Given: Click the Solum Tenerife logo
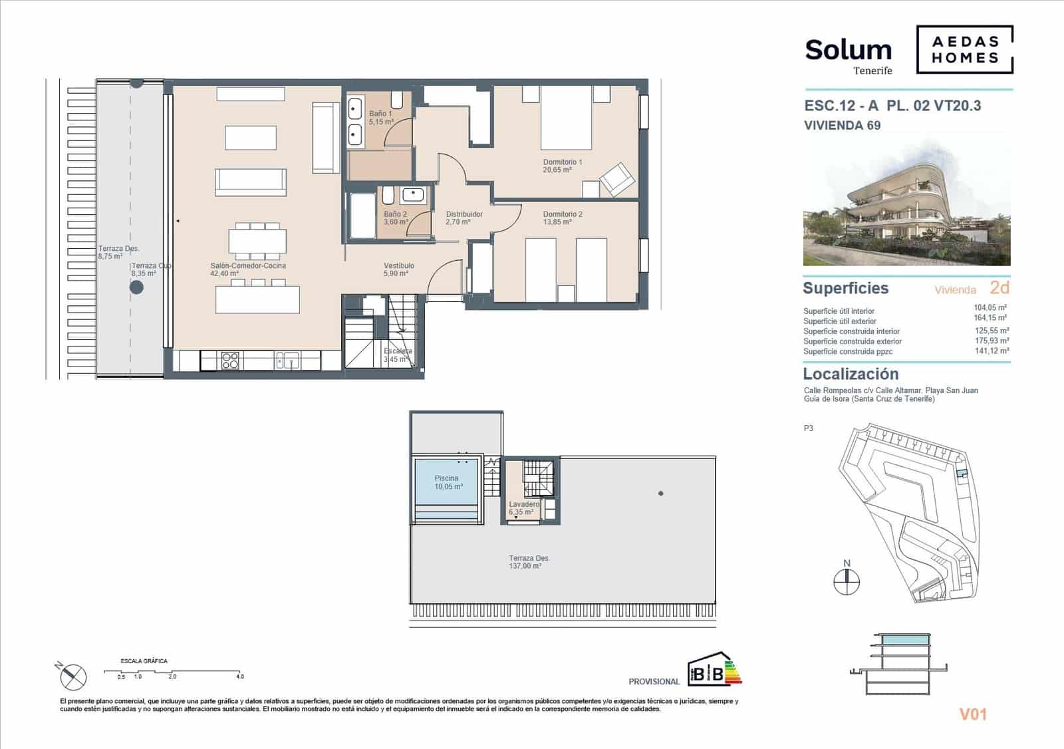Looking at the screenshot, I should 848,55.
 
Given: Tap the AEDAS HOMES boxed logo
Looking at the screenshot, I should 964,49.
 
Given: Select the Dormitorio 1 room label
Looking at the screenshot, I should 563,166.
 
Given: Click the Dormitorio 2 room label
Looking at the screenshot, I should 563,218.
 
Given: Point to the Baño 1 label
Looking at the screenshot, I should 381,118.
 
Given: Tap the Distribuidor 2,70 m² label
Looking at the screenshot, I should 464,218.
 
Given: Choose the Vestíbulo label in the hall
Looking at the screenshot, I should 399,269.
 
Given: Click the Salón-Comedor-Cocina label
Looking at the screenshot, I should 248,269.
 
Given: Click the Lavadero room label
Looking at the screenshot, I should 523,508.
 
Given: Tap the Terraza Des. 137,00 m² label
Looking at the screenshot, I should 529,562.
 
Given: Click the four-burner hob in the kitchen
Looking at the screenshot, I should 230,361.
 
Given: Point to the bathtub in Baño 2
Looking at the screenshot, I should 363,216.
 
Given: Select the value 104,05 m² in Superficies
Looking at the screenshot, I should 990,308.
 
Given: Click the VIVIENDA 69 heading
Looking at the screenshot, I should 842,125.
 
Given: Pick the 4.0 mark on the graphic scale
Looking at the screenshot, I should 239,676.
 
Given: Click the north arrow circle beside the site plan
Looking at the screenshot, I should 847,583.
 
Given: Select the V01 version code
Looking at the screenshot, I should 972,714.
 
